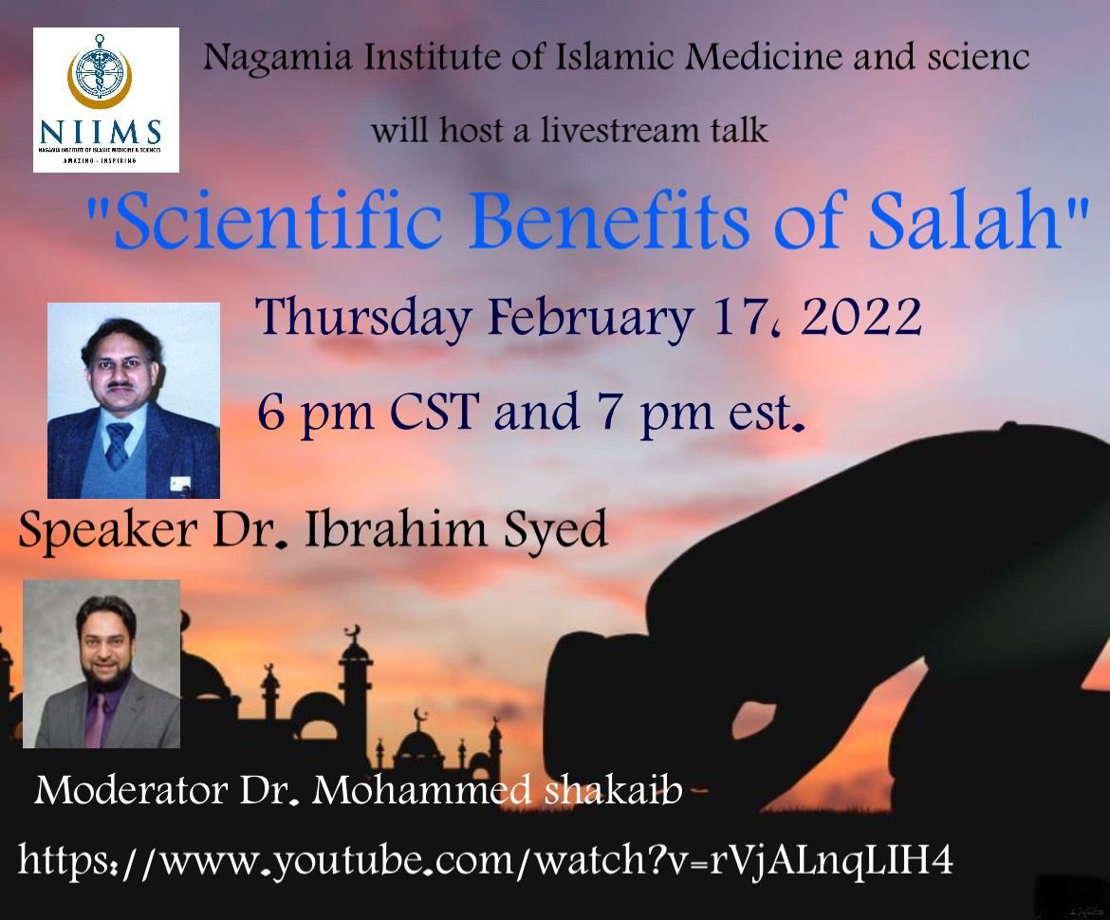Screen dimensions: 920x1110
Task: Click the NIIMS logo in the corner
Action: point(106,100)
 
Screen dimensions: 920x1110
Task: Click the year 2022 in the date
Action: point(861,318)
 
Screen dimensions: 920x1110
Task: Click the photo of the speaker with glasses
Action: point(134,400)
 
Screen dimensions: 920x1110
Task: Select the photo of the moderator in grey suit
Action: point(102,663)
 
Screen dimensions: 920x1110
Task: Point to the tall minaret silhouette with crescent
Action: point(355,692)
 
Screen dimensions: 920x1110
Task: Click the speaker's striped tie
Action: point(119,445)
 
